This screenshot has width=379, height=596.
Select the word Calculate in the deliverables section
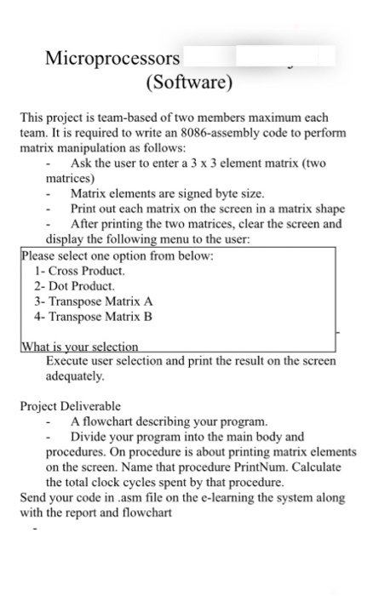coord(310,467)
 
